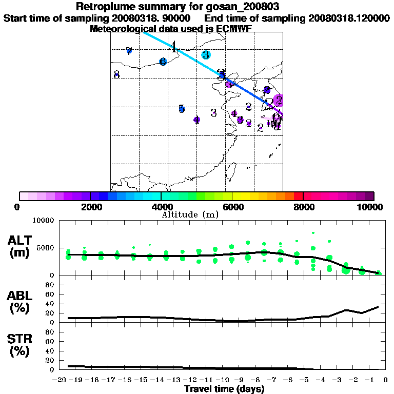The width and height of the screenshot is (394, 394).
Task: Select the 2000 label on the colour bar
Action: pos(90,207)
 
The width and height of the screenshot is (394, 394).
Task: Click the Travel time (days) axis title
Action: pos(224,389)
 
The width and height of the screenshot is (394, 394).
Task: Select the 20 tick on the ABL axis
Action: pos(51,313)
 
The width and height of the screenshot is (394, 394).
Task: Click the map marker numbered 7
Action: pos(129,51)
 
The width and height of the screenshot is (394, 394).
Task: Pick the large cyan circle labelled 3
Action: pos(206,55)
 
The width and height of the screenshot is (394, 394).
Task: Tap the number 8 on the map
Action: pos(116,75)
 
